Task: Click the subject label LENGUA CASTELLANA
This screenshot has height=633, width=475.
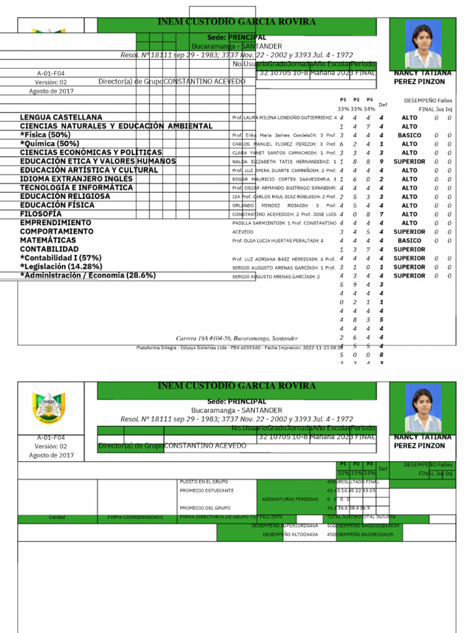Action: (61, 117)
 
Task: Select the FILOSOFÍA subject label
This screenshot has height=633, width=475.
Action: (41, 214)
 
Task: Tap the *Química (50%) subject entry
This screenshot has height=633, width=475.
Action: (49, 143)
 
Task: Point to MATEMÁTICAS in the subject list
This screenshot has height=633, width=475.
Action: (48, 240)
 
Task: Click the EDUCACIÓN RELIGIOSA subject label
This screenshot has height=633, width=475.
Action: (65, 196)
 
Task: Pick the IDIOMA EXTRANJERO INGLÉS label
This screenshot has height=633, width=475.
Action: (76, 179)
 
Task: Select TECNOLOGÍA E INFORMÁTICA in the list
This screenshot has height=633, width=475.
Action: (77, 187)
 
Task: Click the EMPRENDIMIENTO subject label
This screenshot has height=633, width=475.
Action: (56, 223)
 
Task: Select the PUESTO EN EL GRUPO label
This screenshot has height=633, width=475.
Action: (203, 481)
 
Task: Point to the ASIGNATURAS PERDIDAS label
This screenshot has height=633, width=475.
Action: (286, 498)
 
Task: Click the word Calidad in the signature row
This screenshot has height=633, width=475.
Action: (57, 517)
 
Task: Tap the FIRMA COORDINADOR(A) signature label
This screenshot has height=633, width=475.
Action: (135, 517)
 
